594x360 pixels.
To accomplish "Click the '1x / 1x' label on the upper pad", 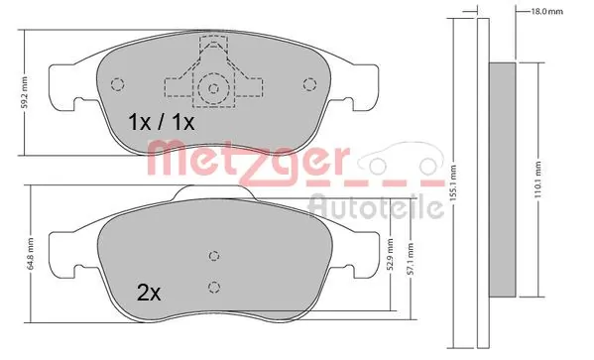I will click(x=162, y=123).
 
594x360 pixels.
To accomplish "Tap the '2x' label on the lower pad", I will click(x=150, y=294).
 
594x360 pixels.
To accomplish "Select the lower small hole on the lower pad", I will click(x=212, y=287).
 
